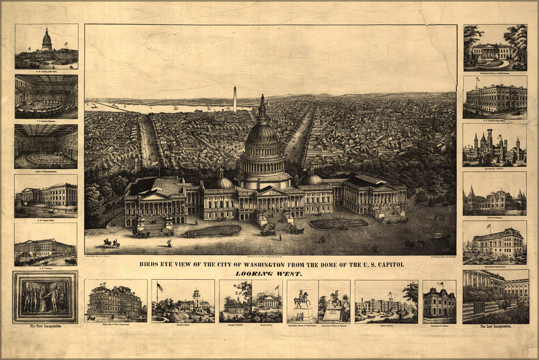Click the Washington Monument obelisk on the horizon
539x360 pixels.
[x=235, y=100]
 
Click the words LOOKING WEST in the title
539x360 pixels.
[x=269, y=274]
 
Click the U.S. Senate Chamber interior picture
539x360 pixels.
[x=46, y=96]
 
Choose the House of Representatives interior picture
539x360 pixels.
[x=46, y=146]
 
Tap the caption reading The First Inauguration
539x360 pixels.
[x=45, y=327]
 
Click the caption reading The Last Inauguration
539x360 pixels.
[x=496, y=327]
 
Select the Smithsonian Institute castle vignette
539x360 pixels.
[x=494, y=146]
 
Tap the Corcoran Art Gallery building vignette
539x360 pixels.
[x=439, y=303]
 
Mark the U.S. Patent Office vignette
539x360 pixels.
[x=46, y=195]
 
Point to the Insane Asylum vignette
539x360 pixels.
[x=385, y=305]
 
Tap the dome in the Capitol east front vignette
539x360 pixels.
[x=47, y=39]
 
